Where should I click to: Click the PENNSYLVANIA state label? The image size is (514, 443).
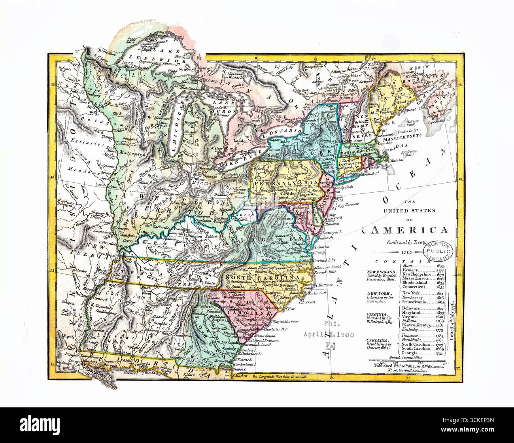coord(273,184)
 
